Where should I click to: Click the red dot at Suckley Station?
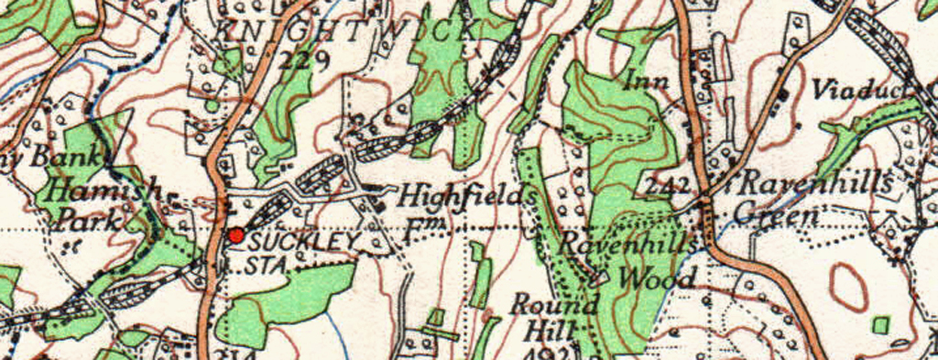pyautogui.click(x=236, y=235)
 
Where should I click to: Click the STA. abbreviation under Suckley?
pyautogui.click(x=267, y=266)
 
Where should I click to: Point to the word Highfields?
pyautogui.click(x=467, y=196)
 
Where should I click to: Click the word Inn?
pyautogui.click(x=648, y=82)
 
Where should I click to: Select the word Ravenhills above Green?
pyautogui.click(x=814, y=183)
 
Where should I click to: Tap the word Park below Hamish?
pyautogui.click(x=90, y=220)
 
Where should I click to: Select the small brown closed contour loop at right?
pyautogui.click(x=849, y=286)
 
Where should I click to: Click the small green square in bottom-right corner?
pyautogui.click(x=880, y=324)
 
